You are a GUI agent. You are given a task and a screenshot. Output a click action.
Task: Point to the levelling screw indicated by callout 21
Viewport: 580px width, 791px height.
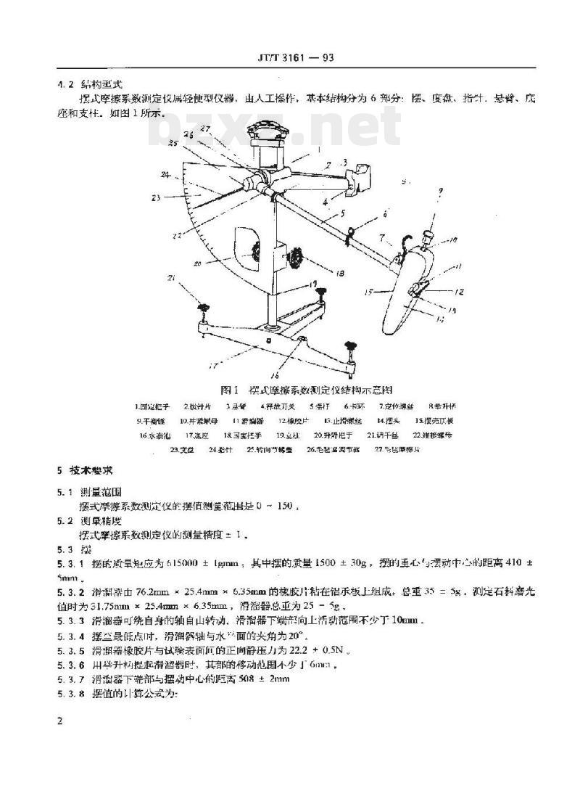coord(204,310)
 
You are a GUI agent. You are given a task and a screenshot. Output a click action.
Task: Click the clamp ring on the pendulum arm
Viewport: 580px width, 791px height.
coord(349,232)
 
